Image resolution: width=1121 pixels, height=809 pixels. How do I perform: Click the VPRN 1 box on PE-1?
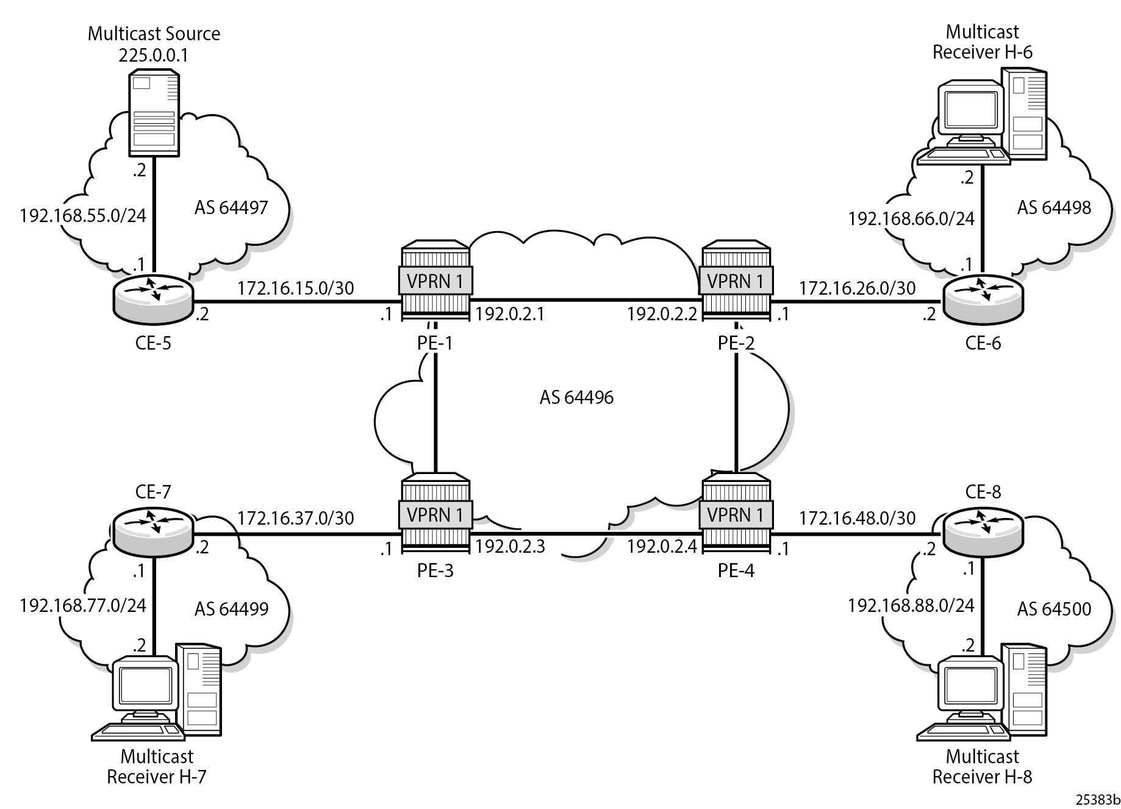pos(435,281)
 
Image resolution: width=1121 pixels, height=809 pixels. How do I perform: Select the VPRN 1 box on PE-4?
pos(736,516)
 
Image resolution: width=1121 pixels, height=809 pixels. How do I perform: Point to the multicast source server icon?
pos(154,113)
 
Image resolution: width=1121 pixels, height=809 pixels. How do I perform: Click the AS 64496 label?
pos(576,398)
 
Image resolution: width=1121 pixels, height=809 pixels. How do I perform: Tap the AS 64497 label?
pos(231,208)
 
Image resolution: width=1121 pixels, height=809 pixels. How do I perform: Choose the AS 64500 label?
pos(1054,609)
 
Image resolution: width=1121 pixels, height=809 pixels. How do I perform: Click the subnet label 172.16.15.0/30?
pos(295,288)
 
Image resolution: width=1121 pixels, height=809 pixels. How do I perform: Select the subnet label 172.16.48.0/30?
pos(857,518)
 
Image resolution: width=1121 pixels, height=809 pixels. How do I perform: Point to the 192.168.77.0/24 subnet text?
pos(83,605)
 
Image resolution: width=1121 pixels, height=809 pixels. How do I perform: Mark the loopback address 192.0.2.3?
pos(510,546)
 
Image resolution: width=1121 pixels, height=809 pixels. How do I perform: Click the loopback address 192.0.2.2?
pos(662,314)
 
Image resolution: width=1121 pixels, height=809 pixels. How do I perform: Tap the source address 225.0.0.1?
pos(154,56)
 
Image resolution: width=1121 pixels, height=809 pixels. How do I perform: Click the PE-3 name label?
pos(435,571)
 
